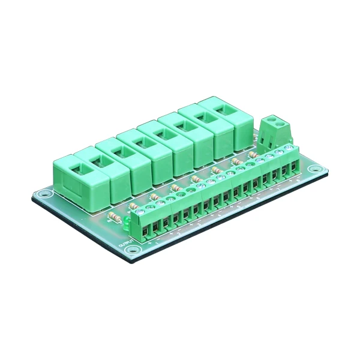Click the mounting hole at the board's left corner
(43, 194)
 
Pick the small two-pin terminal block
(277, 131)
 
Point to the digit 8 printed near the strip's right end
(298, 179)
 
